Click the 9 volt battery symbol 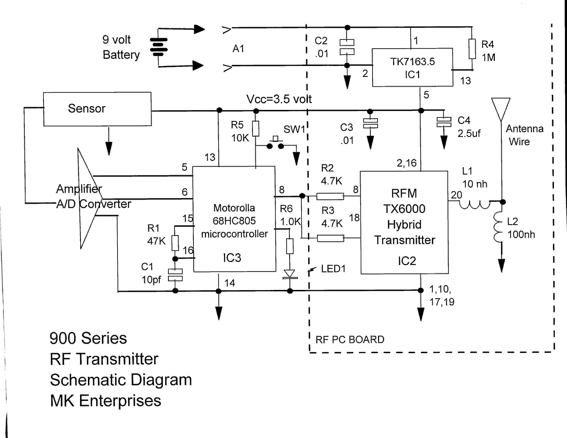tap(159, 47)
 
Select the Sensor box tap(97, 109)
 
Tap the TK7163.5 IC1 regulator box tap(413, 68)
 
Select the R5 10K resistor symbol tap(256, 129)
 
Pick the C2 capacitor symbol tap(347, 47)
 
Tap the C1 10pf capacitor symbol tap(175, 275)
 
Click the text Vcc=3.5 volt tap(279, 99)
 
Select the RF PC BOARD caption tap(350, 340)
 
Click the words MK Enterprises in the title tap(106, 401)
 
